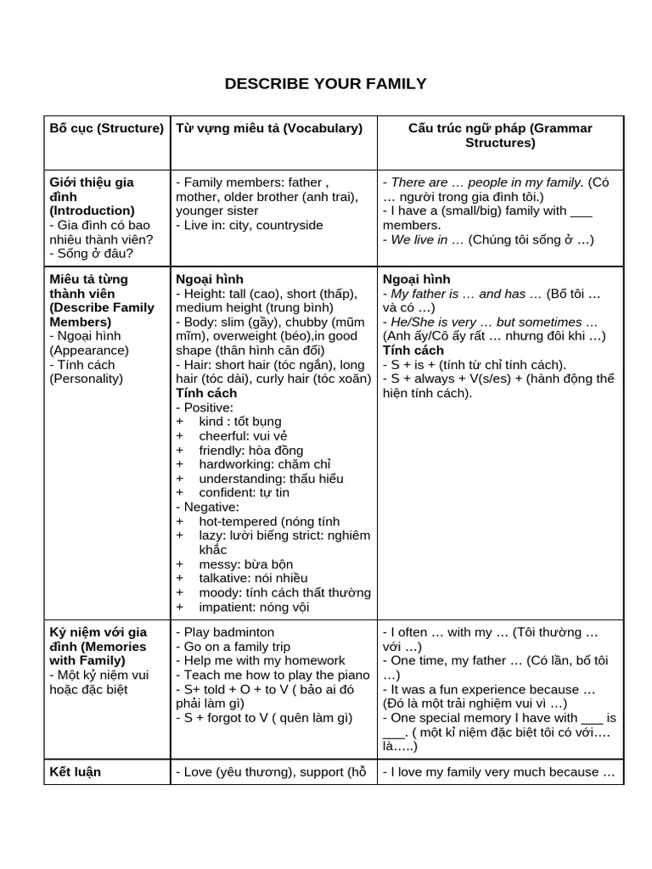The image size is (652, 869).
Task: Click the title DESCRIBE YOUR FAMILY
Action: pos(325,83)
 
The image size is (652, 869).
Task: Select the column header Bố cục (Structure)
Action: pos(106,128)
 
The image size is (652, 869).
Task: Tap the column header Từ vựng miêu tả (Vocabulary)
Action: pos(269,128)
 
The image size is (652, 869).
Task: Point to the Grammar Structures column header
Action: pos(500,136)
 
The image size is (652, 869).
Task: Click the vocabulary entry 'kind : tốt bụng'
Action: pos(239,421)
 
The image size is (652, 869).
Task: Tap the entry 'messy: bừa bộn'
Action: pos(245,563)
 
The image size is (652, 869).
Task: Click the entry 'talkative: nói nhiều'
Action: pos(253,578)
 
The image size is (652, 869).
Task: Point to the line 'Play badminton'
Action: pos(225,632)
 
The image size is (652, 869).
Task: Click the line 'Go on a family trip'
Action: pos(233,647)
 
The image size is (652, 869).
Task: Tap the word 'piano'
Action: pos(353,675)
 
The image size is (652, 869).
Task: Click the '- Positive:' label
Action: pos(205,407)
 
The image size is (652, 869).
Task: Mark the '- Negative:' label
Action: pos(207,507)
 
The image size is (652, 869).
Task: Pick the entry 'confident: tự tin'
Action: pos(244,492)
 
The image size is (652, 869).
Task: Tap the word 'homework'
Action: pos(315,660)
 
